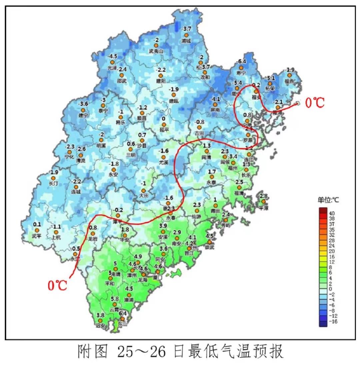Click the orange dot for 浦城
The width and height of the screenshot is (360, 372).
point(186,35)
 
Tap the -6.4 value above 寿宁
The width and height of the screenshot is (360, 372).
point(241,62)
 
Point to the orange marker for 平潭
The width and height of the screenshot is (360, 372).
point(263,202)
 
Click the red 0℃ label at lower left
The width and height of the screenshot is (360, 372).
point(57,285)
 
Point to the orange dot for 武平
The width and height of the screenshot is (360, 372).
point(37,230)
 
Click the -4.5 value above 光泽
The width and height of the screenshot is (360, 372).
point(112,56)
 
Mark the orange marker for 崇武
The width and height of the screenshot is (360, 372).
point(210,242)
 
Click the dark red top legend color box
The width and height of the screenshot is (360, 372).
point(323,210)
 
